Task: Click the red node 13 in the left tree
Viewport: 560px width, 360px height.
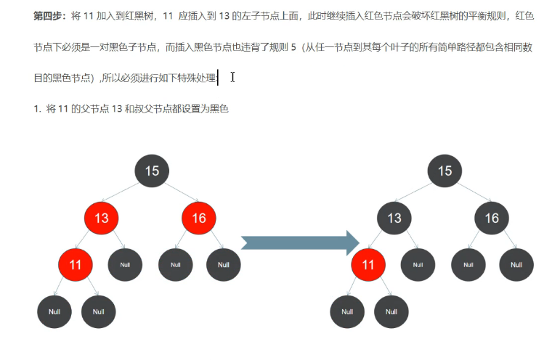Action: pos(102,218)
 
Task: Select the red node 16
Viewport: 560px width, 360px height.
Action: pos(199,218)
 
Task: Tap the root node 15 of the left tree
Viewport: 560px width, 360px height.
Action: pos(152,171)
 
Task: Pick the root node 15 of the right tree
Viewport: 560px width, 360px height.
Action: pos(445,171)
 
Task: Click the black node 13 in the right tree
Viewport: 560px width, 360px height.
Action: pos(394,218)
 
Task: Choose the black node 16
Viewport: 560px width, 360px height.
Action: pos(492,218)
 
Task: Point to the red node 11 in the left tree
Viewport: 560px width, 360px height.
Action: pos(76,264)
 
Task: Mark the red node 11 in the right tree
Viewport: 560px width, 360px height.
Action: pos(368,264)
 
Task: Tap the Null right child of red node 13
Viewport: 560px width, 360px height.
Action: pos(125,265)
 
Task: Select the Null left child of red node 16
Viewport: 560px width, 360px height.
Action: pos(175,265)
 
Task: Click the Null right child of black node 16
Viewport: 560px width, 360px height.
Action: pos(516,265)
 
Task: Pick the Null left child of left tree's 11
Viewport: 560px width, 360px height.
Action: pos(54,311)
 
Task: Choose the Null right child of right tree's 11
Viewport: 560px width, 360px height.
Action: pos(391,311)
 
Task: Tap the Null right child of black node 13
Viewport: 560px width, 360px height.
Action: pos(418,265)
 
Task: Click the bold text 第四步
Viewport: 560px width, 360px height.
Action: pos(49,15)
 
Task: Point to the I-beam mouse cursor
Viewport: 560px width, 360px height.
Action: pos(232,77)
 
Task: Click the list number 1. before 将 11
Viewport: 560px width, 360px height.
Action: pos(37,109)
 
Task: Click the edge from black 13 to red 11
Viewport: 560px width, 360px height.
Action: pos(381,242)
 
